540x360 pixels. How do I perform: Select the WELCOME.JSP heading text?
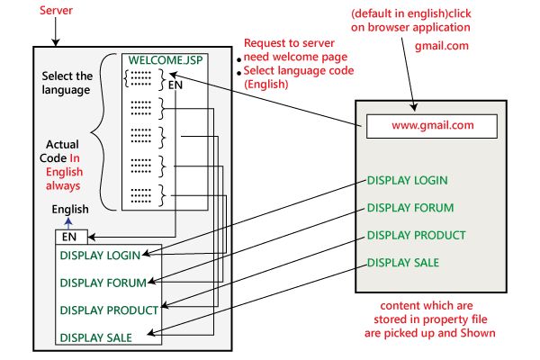(x=164, y=63)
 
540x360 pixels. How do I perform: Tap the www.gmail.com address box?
(x=432, y=126)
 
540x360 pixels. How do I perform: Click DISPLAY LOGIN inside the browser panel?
(x=407, y=180)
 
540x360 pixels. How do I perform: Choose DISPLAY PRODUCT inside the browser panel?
(x=416, y=236)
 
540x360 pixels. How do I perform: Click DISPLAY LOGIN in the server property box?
(x=100, y=256)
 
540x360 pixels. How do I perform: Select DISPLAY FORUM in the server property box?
(x=103, y=283)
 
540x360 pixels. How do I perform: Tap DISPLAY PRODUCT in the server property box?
(x=109, y=310)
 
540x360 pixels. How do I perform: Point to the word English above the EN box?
(x=69, y=210)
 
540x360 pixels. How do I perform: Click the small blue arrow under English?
(x=68, y=222)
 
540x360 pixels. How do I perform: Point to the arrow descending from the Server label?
(x=55, y=31)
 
